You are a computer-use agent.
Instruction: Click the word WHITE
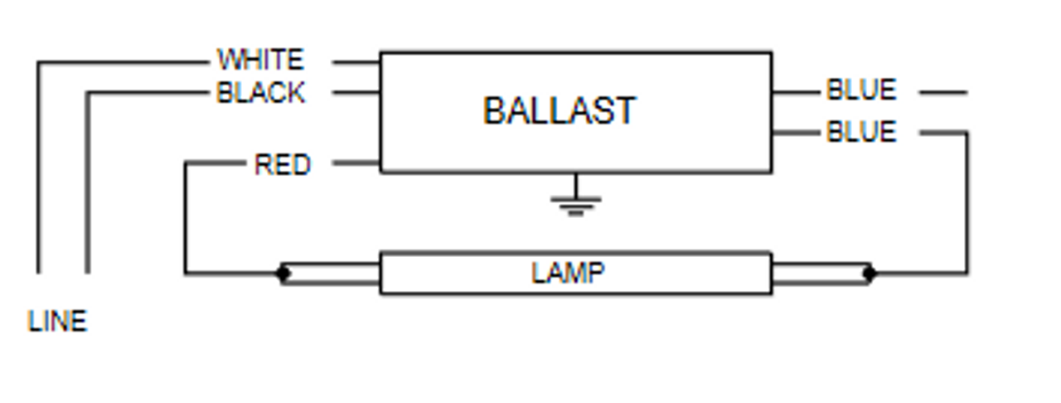click(x=260, y=60)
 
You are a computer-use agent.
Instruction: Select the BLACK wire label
click(x=260, y=92)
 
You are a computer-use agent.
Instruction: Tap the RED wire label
click(x=282, y=164)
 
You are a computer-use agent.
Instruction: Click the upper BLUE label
click(x=861, y=90)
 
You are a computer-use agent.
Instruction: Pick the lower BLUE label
click(x=861, y=132)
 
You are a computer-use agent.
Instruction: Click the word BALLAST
click(x=560, y=111)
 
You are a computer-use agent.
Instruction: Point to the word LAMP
click(x=568, y=273)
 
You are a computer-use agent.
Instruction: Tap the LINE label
click(x=57, y=322)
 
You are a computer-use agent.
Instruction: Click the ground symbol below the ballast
click(x=576, y=201)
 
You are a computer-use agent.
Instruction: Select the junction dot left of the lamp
click(x=283, y=273)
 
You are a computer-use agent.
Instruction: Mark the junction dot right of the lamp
click(x=869, y=273)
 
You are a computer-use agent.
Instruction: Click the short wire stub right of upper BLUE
click(x=943, y=92)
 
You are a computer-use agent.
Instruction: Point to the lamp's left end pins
click(x=332, y=274)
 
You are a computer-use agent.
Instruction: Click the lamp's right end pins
click(x=821, y=274)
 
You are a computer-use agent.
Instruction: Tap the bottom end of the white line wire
click(x=38, y=271)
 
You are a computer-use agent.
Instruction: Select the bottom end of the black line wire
click(x=87, y=271)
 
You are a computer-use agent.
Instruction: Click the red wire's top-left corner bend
click(x=186, y=163)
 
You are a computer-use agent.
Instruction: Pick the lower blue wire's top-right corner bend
click(x=967, y=132)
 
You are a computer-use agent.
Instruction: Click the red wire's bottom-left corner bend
click(x=186, y=273)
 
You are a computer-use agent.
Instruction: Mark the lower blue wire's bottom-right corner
click(x=967, y=273)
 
